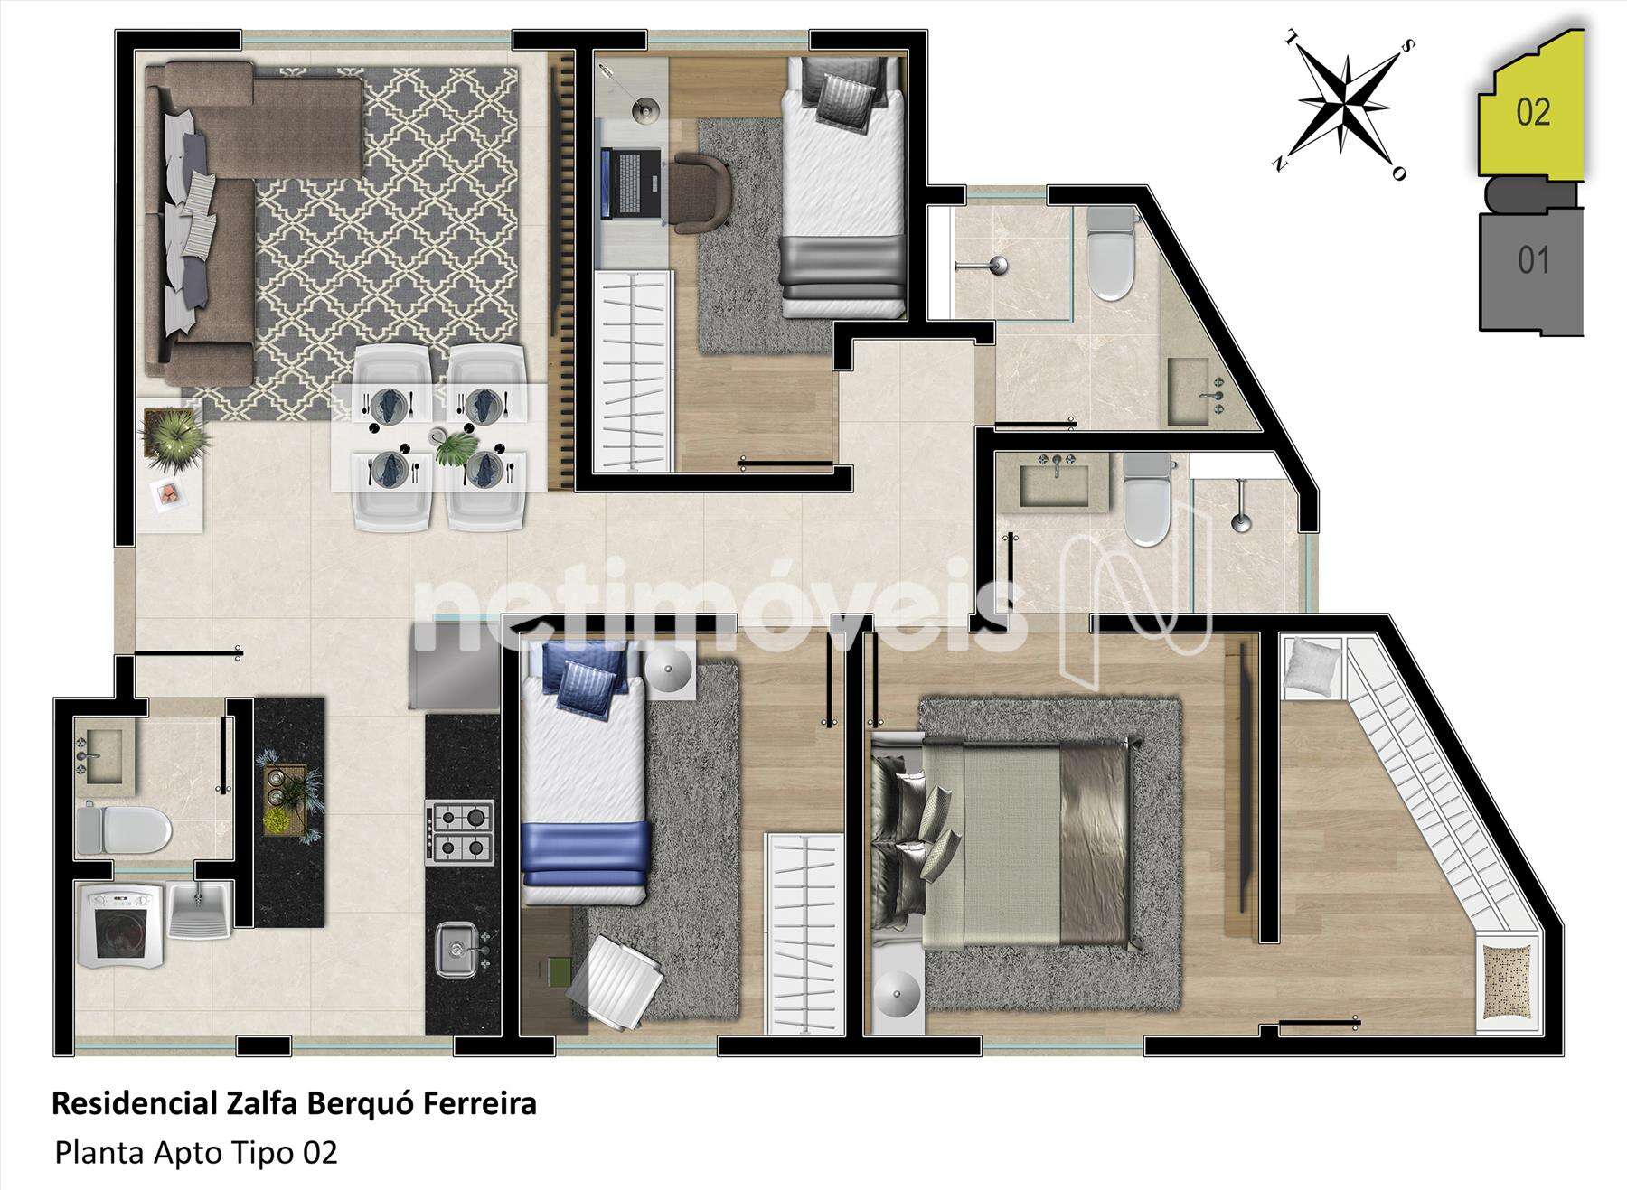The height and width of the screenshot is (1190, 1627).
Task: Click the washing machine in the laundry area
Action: tap(122, 926)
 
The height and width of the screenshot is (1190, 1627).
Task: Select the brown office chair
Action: tap(701, 191)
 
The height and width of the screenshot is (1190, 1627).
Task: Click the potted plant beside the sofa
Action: tap(174, 437)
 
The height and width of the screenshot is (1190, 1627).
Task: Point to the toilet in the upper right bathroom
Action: tap(1110, 254)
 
